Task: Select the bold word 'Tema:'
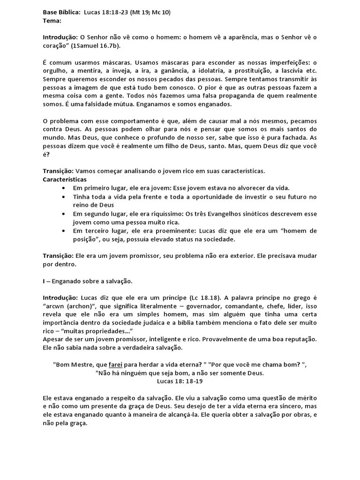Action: tap(52, 21)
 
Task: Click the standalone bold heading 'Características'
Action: tap(65, 179)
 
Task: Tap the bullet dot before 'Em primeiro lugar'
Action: tap(64, 187)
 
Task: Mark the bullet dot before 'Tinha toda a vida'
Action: tap(64, 196)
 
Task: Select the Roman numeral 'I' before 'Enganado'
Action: tap(44, 281)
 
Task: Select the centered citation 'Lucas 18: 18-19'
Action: tap(180, 382)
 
